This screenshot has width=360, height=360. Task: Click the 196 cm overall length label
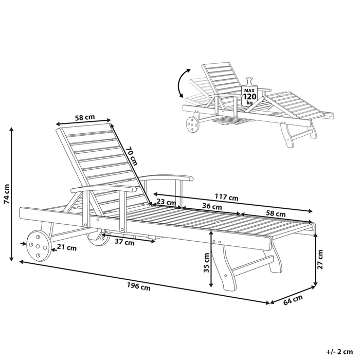(140, 287)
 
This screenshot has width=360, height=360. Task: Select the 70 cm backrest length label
(132, 155)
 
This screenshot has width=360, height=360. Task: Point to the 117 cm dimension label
(226, 197)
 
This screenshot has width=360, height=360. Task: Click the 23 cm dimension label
(164, 202)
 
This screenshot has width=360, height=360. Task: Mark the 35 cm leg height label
(206, 262)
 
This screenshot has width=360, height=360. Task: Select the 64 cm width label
(293, 301)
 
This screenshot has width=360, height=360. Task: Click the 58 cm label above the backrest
(84, 117)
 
